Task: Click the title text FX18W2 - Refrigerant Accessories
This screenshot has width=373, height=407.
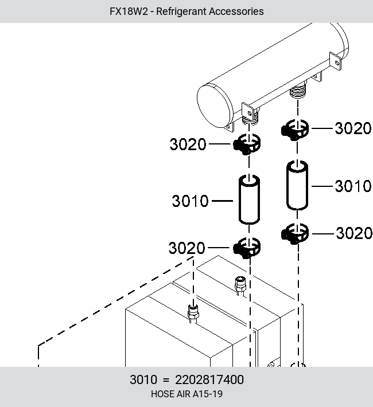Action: point(187,11)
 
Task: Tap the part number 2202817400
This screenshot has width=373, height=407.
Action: point(209,379)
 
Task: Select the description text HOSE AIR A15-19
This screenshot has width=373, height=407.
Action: point(187,394)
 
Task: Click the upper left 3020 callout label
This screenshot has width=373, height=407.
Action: point(188,144)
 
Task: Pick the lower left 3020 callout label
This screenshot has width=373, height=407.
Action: point(187,248)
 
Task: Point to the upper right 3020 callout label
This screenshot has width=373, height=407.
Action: point(353,128)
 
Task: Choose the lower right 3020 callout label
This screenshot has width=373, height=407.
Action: point(354,233)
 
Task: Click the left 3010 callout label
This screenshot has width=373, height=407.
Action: point(190,201)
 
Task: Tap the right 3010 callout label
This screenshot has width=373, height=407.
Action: point(353,186)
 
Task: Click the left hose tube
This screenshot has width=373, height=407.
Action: point(249,199)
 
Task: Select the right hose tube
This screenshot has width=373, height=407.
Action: point(297,185)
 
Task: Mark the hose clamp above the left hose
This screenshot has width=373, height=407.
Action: point(247,144)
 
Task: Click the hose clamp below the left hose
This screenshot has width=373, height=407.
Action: point(247,248)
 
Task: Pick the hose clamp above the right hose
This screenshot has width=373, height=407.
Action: point(295,130)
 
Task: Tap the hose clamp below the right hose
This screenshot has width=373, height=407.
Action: point(295,234)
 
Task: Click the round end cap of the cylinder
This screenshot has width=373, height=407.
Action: point(213,106)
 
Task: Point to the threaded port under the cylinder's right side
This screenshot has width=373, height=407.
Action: point(298,91)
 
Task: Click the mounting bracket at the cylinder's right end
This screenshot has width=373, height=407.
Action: point(335,61)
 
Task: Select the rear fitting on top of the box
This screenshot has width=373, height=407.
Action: point(240,285)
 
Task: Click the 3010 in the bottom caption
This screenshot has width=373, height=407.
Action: point(143,379)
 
